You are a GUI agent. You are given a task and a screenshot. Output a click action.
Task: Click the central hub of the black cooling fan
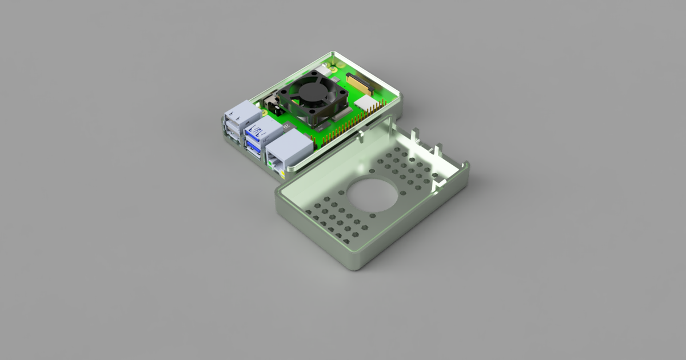pos(312,91)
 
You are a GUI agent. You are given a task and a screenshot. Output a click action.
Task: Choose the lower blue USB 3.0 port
pos(254,147)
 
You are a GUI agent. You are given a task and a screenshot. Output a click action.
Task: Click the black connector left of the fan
pos(268,104)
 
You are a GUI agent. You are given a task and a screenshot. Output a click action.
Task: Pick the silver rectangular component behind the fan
pos(322,69)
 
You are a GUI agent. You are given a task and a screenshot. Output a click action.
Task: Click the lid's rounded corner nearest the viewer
pos(357,263)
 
